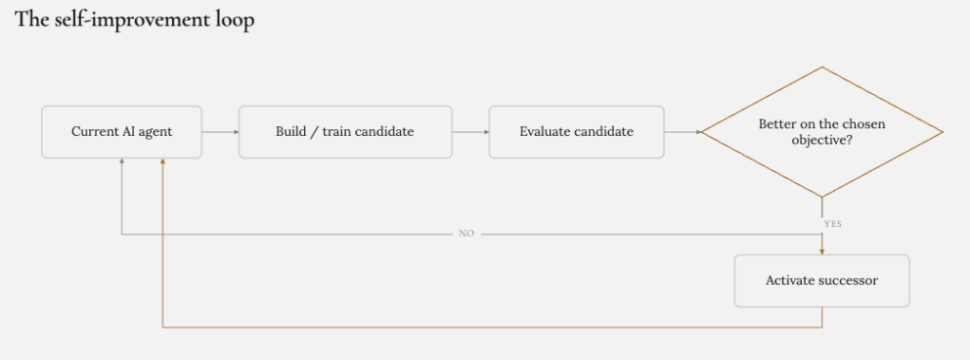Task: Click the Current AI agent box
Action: (x=122, y=132)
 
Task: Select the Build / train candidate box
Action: (x=345, y=132)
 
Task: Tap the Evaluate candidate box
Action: (x=576, y=132)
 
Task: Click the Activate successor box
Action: (x=822, y=280)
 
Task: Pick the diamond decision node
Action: (x=822, y=132)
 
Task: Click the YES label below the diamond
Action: (x=832, y=224)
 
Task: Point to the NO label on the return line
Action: (x=466, y=234)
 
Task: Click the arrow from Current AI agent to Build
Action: (x=220, y=132)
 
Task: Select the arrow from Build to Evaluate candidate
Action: (x=470, y=132)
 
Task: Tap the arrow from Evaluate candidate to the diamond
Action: (x=682, y=132)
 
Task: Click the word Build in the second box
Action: (x=288, y=132)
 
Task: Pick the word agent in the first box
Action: (x=158, y=132)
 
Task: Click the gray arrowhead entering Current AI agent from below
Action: (x=122, y=161)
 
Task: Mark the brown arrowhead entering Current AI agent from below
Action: (x=162, y=161)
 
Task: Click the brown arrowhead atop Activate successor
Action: (x=822, y=252)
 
